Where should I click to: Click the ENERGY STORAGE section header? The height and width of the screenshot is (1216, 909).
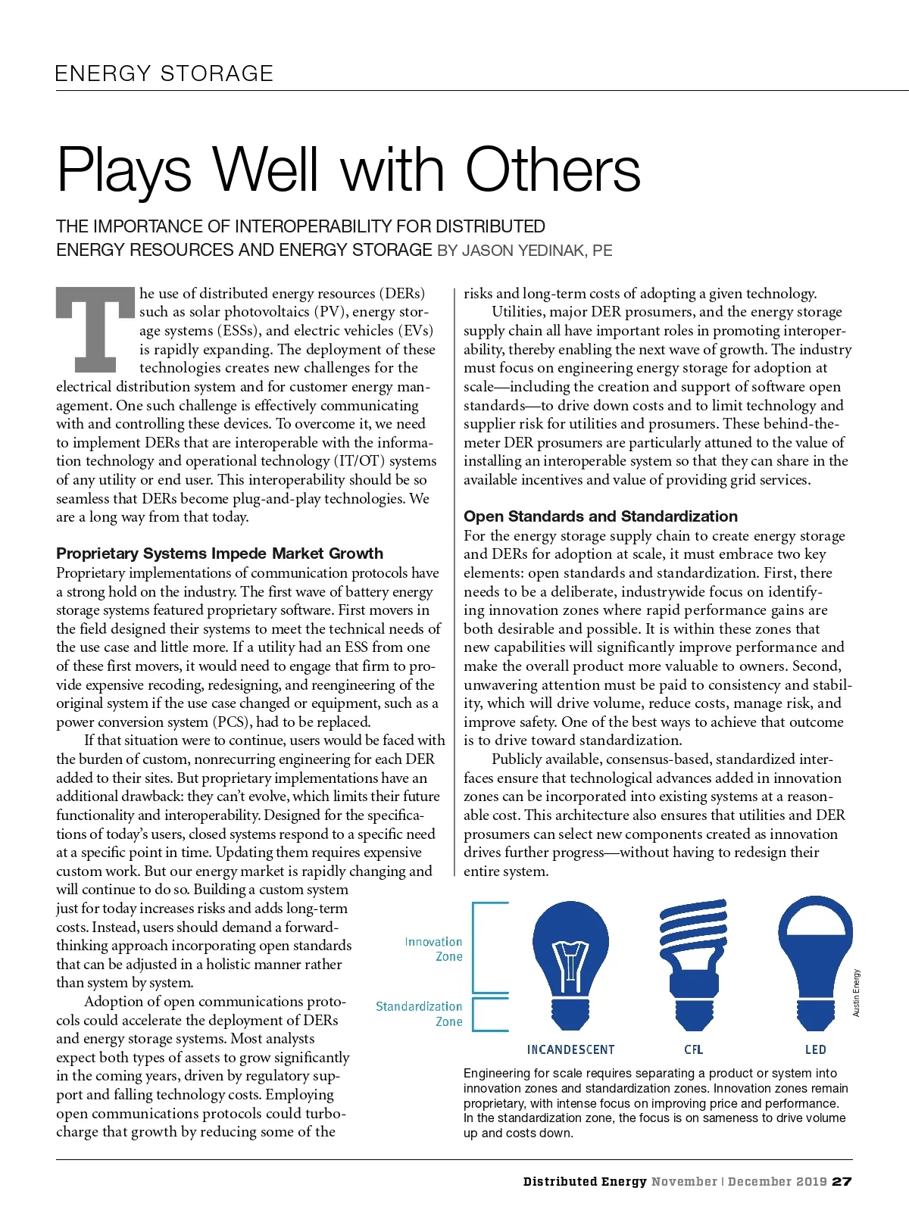point(164,73)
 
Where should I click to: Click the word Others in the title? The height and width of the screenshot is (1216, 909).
point(553,170)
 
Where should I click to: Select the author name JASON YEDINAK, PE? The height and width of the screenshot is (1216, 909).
point(537,251)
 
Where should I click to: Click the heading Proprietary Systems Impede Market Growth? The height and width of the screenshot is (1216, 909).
point(220,553)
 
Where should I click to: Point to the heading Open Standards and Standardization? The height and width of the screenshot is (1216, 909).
point(600,516)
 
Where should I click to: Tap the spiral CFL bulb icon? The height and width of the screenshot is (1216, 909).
point(693,965)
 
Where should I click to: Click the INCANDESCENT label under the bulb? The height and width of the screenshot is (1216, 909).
point(570,1049)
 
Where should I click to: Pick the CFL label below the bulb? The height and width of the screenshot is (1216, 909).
point(693,1049)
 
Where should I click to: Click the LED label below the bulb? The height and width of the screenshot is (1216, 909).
point(815,1049)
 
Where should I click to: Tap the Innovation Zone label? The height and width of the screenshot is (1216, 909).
point(433,949)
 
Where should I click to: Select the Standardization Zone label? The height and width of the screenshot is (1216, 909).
point(419,1014)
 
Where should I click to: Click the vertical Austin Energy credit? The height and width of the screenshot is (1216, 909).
point(857,993)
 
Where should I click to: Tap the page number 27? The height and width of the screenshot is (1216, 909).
point(842,1181)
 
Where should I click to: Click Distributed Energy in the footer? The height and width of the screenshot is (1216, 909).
point(585,1181)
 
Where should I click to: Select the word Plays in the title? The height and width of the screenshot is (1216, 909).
point(124,170)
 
